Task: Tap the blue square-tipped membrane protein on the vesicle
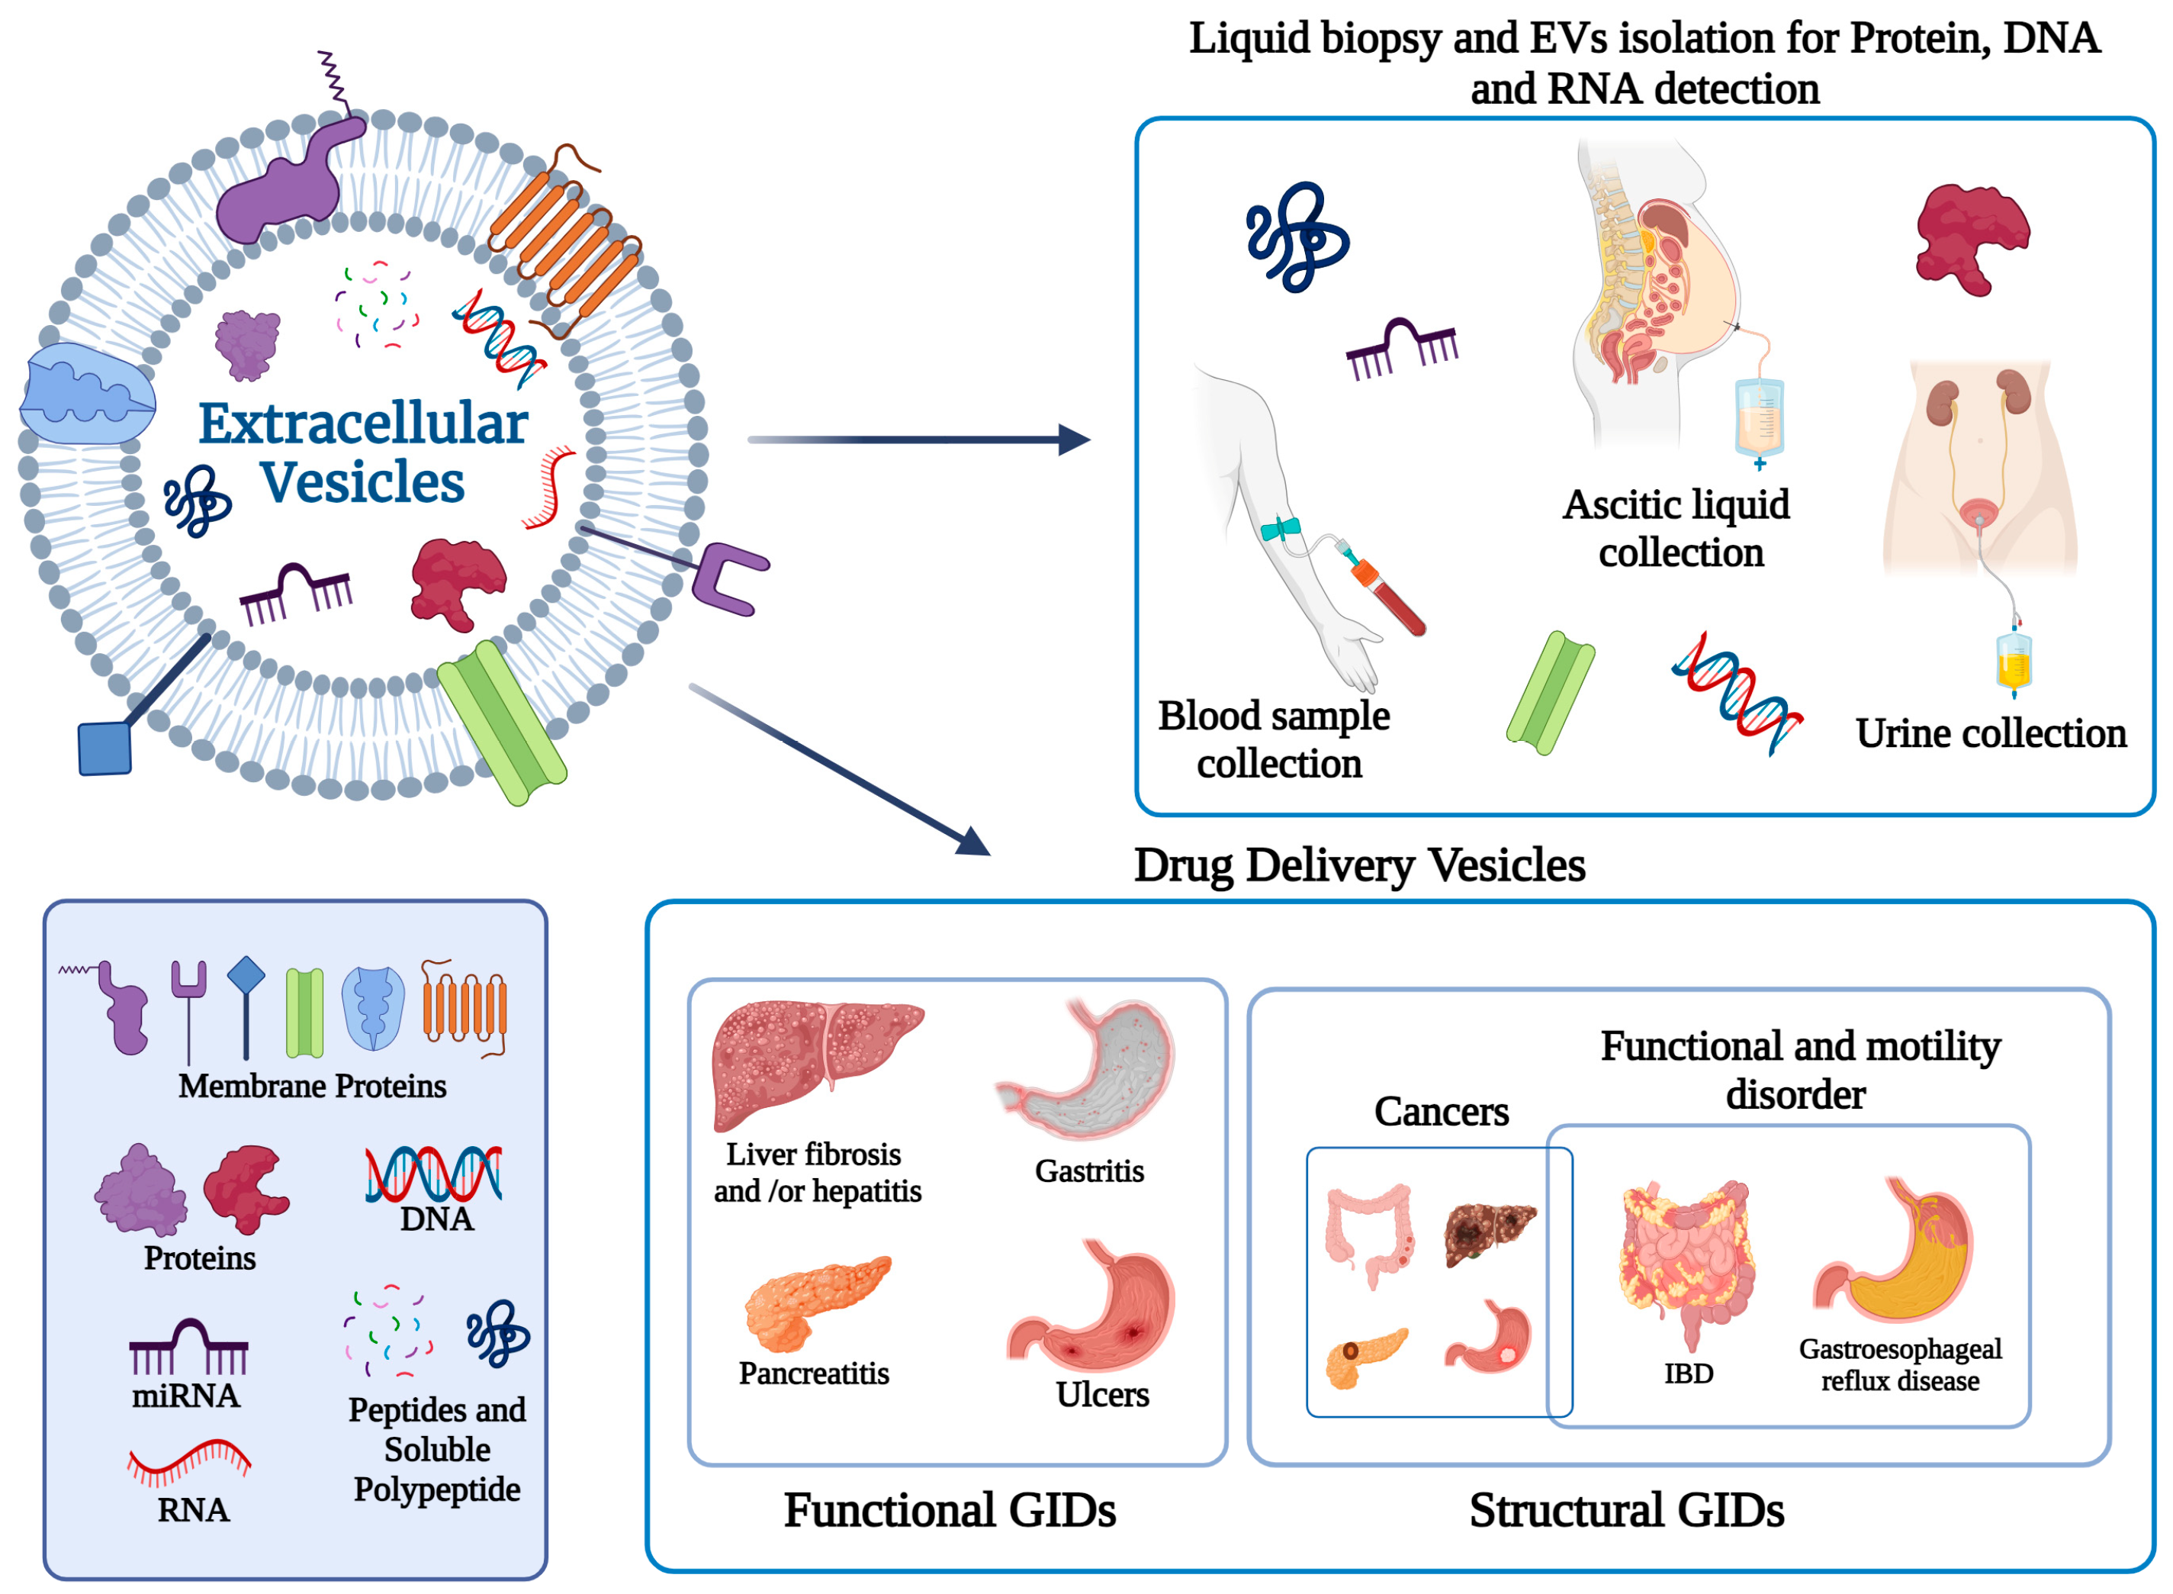tap(104, 748)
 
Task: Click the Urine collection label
tap(1990, 734)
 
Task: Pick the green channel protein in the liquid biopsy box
tap(1549, 693)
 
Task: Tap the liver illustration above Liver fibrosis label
tap(815, 1061)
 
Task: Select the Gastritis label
tap(1089, 1171)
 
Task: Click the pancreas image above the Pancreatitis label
tap(815, 1303)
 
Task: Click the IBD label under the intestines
tap(1688, 1373)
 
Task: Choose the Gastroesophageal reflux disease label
tap(1899, 1364)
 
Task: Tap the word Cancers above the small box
tap(1441, 1113)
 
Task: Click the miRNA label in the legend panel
tap(185, 1396)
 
